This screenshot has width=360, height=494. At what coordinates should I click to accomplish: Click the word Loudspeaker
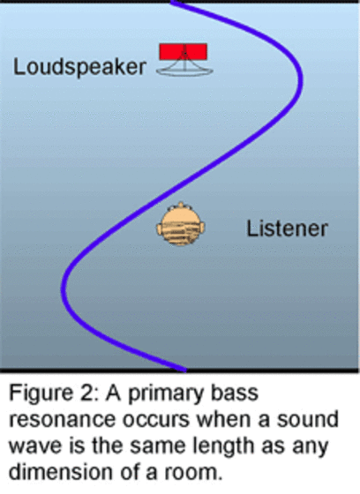point(79,67)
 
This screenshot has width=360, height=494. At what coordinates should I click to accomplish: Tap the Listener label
point(287,228)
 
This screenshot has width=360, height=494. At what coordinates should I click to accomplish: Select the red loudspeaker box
point(184,52)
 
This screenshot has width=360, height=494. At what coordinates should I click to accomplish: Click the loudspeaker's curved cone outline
point(184,71)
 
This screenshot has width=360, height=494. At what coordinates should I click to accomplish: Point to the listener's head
point(181,225)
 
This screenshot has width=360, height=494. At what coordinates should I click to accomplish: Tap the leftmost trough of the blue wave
point(63,288)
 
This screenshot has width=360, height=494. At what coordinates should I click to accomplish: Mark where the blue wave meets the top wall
point(173,2)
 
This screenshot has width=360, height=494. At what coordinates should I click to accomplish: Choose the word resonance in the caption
point(62,420)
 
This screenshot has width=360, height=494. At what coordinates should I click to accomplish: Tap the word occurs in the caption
point(158,420)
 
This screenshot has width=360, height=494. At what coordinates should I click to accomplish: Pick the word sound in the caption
point(308,420)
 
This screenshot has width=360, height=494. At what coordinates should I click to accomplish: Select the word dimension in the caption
point(61,472)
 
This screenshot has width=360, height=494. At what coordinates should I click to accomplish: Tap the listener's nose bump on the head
point(181,205)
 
